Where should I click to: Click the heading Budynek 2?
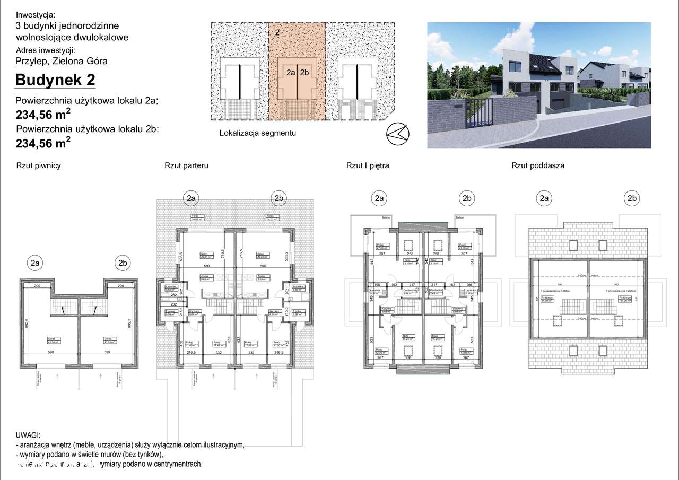55,80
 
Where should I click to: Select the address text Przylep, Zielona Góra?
62,61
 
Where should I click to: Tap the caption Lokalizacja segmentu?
258,133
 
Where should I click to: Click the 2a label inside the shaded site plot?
290,73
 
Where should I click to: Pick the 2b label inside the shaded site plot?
304,73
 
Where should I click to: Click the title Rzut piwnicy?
39,165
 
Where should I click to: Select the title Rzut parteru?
186,165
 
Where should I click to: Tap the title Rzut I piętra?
368,165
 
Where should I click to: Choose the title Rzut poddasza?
538,165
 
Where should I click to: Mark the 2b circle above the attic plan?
631,199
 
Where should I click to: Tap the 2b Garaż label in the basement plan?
107,339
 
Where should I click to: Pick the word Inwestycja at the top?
36,15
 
